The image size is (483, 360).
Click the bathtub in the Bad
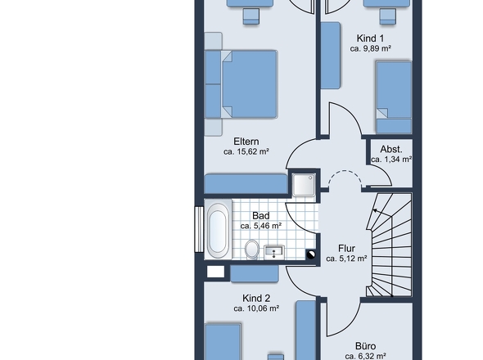218,229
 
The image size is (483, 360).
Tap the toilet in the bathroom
252,249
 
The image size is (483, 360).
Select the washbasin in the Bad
274,252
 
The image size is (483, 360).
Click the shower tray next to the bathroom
304,185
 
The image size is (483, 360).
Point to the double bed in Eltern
249,84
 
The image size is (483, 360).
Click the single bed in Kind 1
394,97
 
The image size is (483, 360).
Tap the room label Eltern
246,142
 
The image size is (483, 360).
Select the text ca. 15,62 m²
246,151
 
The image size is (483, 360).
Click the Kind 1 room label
370,38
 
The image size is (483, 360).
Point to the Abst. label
391,150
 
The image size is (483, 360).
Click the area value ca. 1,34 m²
391,160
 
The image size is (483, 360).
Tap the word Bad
261,215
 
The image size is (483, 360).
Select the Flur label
346,248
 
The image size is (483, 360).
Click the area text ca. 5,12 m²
346,259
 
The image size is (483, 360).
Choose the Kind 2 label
256,298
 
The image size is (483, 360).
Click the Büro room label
365,346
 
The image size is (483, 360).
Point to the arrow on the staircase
382,214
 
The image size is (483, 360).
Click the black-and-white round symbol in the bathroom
311,254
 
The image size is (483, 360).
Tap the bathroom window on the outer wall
199,229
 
